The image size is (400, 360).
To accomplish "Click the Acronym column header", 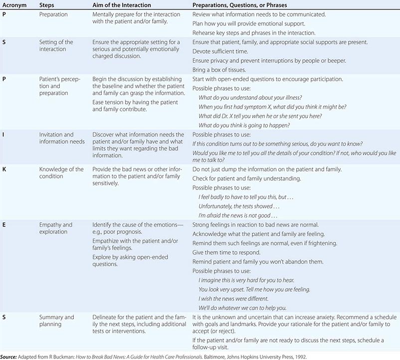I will tap(13, 4).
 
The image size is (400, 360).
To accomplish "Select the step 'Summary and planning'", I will tap(56, 321).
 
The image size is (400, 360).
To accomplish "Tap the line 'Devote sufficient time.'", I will tap(221, 51).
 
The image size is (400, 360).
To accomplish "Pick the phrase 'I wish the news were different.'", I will tap(233, 299).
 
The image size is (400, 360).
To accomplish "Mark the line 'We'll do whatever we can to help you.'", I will tap(242, 308).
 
